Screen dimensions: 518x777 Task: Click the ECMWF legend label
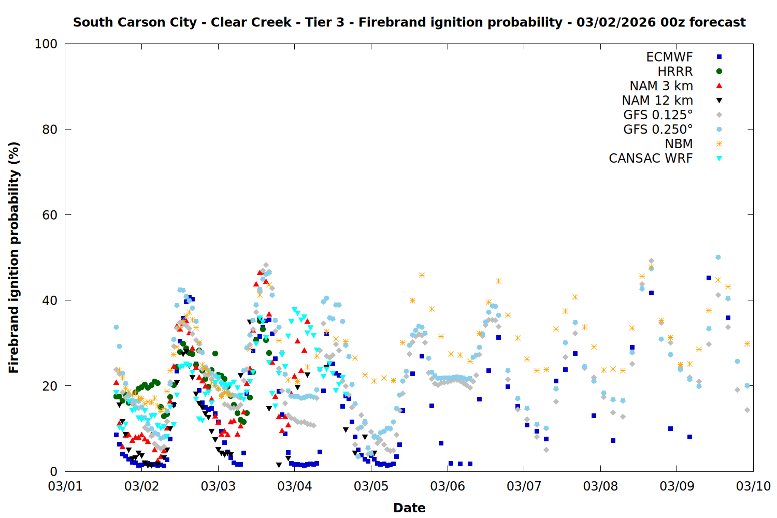[x=669, y=57]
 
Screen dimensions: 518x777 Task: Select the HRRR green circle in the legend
[x=719, y=71]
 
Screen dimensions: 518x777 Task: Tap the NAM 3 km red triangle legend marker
[x=719, y=85]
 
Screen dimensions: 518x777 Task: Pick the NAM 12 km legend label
[x=657, y=100]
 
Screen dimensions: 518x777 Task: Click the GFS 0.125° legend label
[x=658, y=115]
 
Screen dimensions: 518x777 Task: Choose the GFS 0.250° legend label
[x=658, y=129]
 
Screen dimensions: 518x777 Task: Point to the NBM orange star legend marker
[x=719, y=144]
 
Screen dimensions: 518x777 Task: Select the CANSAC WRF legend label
[x=651, y=159]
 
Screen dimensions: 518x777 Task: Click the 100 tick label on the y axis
[x=46, y=44]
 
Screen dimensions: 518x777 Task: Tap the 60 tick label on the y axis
[x=50, y=215]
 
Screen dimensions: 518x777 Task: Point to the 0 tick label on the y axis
[x=53, y=471]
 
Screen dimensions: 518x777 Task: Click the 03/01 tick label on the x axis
[x=65, y=486]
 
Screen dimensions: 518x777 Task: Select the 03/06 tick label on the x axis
[x=448, y=486]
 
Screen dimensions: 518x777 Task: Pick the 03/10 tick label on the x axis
[x=753, y=486]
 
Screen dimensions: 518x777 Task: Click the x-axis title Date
[x=409, y=508]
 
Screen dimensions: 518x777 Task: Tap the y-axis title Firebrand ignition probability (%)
[x=13, y=257]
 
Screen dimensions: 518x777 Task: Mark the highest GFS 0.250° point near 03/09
[x=718, y=257]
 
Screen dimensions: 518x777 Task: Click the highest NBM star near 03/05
[x=422, y=276]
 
